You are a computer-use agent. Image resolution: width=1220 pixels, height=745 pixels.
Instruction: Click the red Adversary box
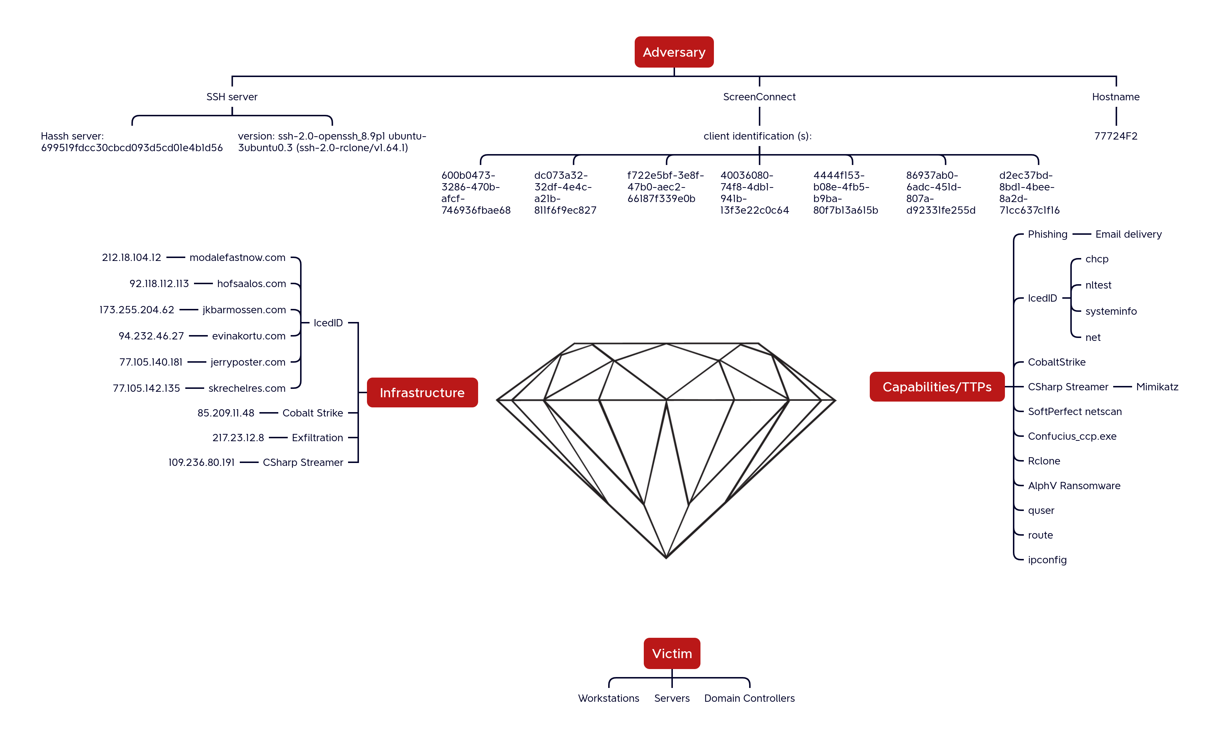[674, 52]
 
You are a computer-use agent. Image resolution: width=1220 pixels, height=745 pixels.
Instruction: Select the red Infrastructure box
[422, 392]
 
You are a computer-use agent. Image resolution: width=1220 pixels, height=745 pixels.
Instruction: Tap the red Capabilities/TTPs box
[937, 386]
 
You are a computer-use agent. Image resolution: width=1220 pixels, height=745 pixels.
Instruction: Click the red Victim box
[672, 653]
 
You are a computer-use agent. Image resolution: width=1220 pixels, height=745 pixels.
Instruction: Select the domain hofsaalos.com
[251, 284]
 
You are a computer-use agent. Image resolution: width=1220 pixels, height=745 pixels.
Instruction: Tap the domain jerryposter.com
[248, 362]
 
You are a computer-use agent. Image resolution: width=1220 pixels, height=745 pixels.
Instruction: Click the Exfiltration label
[318, 438]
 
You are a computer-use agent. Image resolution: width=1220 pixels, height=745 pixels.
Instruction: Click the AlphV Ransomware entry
[1074, 486]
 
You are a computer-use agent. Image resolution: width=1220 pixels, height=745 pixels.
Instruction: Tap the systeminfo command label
[1111, 311]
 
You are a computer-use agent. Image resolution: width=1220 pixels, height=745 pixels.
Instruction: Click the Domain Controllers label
[749, 698]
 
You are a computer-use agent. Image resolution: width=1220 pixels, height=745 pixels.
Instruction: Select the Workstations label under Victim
[609, 698]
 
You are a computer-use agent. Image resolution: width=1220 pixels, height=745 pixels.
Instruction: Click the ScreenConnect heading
[759, 97]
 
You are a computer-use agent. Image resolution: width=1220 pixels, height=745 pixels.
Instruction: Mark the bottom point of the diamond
[666, 558]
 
